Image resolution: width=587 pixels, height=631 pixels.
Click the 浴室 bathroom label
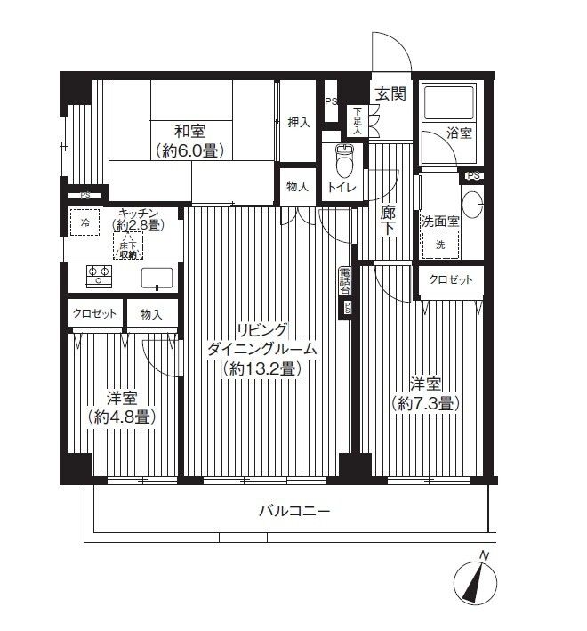[x=459, y=133]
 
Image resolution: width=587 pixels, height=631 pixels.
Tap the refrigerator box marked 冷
[x=85, y=222]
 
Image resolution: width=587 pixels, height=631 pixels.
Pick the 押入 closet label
[x=298, y=122]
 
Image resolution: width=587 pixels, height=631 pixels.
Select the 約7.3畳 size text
[x=424, y=403]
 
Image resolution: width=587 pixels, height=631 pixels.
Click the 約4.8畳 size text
[x=124, y=416]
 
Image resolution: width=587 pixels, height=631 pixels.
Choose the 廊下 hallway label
[x=388, y=221]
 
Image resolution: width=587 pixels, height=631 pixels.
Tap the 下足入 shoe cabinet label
[x=358, y=119]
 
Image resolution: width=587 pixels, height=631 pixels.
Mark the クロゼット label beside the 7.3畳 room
[x=451, y=279]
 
